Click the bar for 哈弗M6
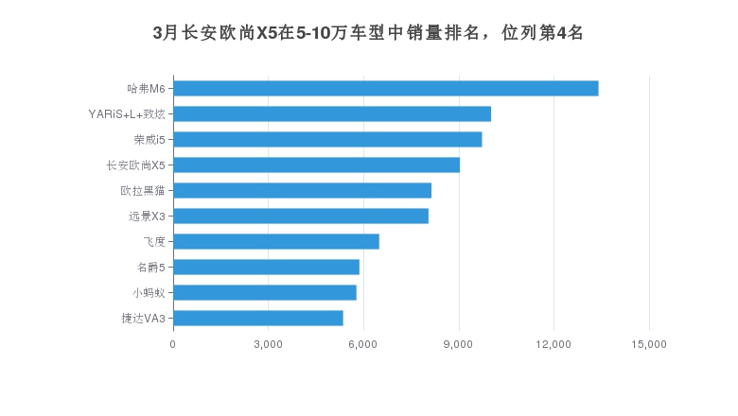[385, 89]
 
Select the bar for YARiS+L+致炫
[331, 114]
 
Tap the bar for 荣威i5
[327, 140]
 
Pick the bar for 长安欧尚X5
[316, 165]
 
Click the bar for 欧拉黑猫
[302, 191]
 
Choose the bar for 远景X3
[301, 217]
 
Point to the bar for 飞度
[275, 242]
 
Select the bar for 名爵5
[266, 268]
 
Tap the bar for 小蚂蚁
[264, 293]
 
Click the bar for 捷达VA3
[257, 319]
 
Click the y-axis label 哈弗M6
[146, 89]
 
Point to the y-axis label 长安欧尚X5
[136, 165]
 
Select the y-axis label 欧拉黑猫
[143, 191]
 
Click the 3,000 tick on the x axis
[268, 344]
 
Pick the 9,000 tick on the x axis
[459, 344]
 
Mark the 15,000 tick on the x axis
[649, 344]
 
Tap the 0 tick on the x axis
[172, 344]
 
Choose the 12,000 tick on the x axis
[553, 344]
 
